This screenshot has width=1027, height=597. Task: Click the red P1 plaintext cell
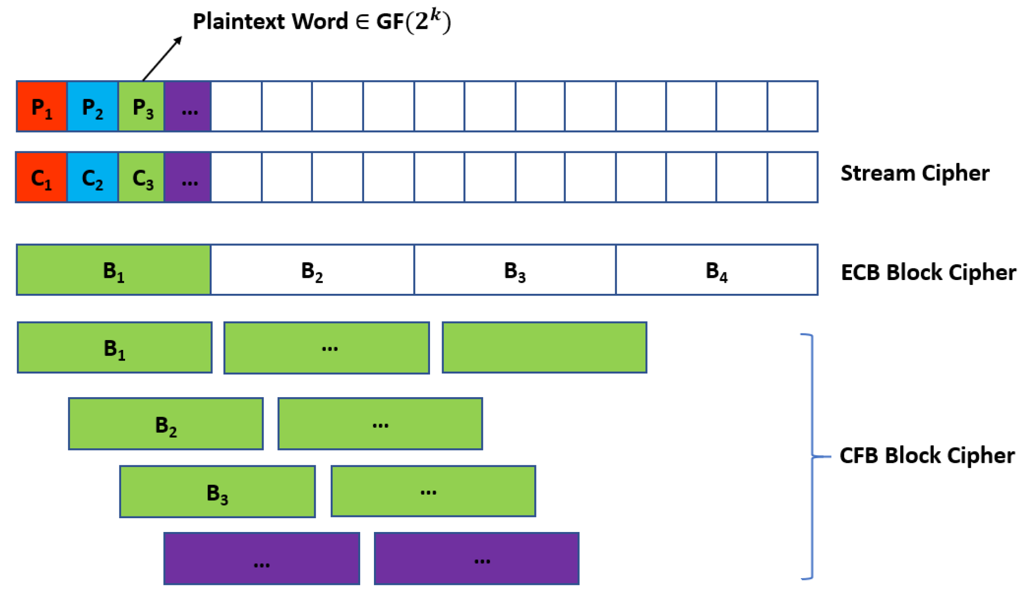[42, 106]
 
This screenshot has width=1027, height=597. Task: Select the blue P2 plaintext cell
[93, 106]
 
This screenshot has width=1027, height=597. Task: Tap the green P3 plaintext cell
[142, 106]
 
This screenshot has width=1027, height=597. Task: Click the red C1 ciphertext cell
[41, 177]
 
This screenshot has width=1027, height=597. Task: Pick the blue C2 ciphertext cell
[93, 177]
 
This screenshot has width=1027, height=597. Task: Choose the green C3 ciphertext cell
[142, 177]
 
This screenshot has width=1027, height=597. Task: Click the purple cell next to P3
[188, 106]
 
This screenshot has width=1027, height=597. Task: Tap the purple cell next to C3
[188, 177]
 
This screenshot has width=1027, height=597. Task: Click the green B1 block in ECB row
[114, 270]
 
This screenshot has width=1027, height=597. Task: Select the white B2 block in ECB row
[313, 270]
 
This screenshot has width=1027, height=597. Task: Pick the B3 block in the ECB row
[515, 270]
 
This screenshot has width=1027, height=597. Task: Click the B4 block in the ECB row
[717, 270]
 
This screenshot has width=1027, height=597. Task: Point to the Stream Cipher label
[915, 173]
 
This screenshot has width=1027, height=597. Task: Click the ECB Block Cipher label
[929, 272]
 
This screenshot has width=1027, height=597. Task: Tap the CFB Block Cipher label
[927, 455]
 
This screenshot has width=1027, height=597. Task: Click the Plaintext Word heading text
[322, 21]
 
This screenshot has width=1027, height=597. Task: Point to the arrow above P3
[162, 59]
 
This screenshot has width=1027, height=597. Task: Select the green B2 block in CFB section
[166, 424]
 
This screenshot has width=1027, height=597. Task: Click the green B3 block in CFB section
[218, 492]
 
